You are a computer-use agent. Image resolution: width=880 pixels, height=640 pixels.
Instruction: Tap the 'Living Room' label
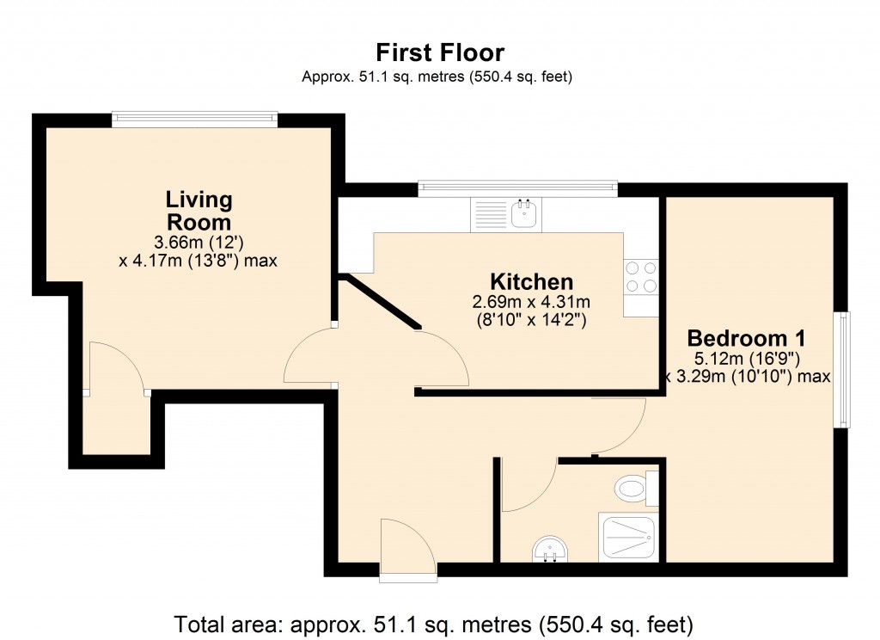199,211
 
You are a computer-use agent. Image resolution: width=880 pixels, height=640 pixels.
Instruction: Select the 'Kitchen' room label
531,281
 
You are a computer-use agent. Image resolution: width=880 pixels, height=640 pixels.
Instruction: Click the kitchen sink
523,213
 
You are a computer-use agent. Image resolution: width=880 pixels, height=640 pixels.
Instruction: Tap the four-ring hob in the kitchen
641,276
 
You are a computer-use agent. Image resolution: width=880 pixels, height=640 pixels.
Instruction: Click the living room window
194,120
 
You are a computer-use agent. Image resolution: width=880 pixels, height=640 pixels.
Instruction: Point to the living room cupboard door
117,368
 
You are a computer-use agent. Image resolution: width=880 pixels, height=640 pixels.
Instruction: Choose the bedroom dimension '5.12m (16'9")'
738,358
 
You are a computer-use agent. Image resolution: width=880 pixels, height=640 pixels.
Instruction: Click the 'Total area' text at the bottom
433,622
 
